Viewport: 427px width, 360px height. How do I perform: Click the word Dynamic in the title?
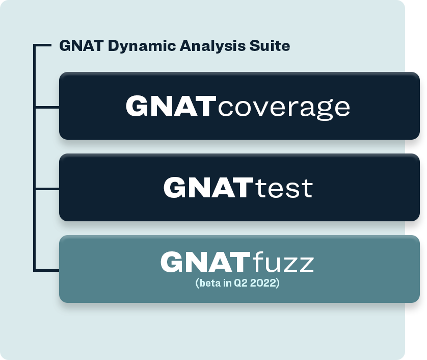142,46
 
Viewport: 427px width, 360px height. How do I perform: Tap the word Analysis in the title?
212,46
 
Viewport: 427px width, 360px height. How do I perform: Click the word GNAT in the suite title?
82,45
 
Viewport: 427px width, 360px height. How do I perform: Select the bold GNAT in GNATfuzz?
206,262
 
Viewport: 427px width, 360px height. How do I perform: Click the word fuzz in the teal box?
283,262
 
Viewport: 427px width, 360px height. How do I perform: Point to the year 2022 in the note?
263,283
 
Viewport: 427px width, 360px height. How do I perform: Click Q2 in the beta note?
241,283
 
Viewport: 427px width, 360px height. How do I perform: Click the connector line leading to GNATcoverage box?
47,107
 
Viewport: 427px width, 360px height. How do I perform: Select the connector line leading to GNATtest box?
47,188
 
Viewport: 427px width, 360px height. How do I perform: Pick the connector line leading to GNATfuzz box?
47,270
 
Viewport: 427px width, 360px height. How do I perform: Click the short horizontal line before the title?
42,45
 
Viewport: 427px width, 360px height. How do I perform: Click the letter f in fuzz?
257,261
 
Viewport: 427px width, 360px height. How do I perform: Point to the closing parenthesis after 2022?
278,283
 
